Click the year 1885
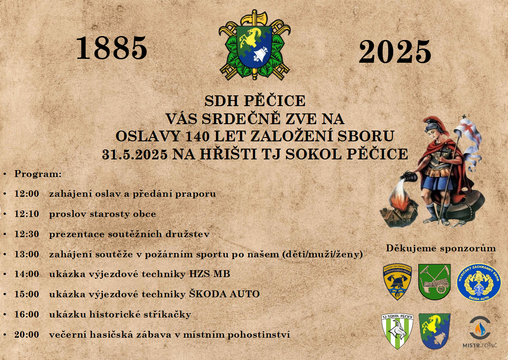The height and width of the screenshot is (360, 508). point(112,48)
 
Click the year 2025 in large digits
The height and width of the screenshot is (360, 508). point(395,52)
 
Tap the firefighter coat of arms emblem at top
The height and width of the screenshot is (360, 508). point(254,45)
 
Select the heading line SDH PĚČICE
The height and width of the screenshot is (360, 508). point(255,101)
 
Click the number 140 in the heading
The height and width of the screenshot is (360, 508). point(197,137)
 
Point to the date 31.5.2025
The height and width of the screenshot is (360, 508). point(135,155)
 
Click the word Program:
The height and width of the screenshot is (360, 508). point(38,174)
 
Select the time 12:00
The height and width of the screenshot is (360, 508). point(27,194)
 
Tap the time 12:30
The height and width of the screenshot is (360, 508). point(27,234)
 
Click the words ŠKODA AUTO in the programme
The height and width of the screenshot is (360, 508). point(225,294)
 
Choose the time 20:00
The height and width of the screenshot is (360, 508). point(27,334)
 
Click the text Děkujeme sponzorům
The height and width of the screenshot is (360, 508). point(441,248)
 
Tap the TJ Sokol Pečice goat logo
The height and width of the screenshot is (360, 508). point(398,331)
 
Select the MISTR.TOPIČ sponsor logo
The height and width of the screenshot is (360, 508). point(480,332)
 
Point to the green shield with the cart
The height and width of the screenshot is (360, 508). point(435,281)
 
